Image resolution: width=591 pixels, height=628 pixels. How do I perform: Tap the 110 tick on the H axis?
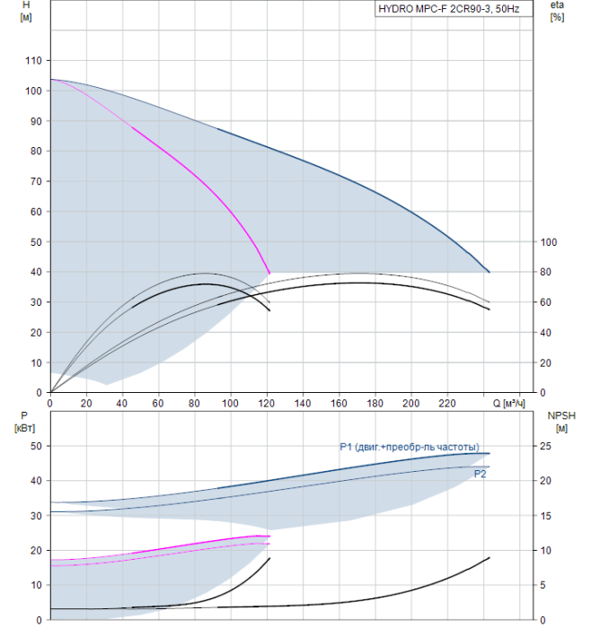point(33,61)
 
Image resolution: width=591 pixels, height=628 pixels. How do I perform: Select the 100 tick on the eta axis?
point(550,242)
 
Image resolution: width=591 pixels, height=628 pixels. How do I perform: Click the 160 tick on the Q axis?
point(340,404)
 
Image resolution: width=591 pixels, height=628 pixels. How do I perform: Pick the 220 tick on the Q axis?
point(447,404)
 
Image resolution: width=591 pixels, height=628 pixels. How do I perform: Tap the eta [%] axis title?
point(557,12)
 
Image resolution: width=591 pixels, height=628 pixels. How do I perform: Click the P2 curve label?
point(481,474)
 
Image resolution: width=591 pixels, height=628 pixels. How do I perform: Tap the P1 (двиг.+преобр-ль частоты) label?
point(409,447)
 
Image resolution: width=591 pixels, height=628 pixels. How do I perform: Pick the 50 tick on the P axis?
point(37,446)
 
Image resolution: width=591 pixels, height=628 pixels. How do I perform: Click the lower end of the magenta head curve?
point(269,273)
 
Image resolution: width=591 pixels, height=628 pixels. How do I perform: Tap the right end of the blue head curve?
point(490,272)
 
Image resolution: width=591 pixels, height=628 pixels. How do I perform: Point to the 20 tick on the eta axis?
point(547,362)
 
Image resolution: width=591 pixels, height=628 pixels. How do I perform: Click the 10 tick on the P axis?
point(37,585)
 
